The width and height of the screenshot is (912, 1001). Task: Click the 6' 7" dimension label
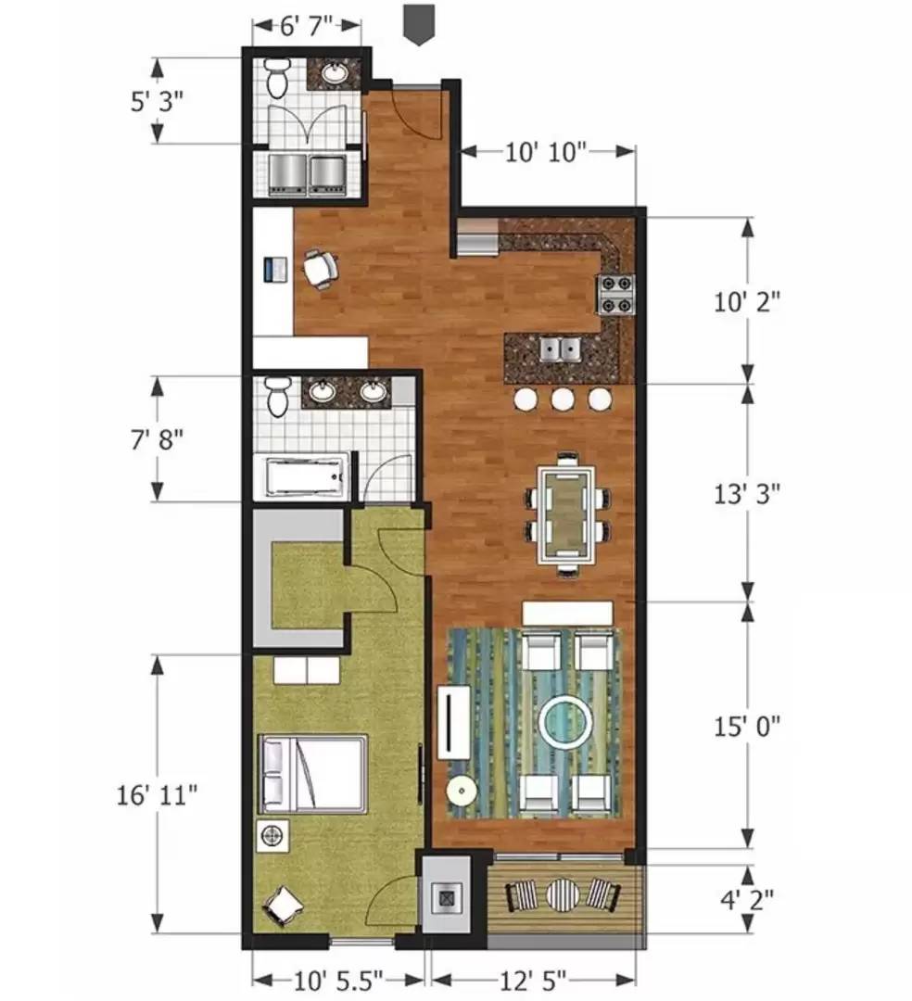tap(307, 26)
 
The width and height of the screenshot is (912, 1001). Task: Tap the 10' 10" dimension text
tap(546, 152)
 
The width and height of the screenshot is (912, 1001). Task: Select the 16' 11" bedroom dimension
tap(157, 795)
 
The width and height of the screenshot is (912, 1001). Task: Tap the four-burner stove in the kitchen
tap(615, 295)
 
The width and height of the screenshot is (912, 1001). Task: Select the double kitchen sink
tap(561, 349)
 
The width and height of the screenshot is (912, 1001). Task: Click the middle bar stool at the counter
tap(563, 399)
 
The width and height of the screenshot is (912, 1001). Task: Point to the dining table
tap(566, 513)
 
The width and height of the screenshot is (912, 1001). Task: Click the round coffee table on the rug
tap(565, 722)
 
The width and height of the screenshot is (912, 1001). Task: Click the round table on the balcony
tap(563, 894)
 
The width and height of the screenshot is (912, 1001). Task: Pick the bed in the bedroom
tap(312, 773)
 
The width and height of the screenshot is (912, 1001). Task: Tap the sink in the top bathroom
tap(336, 73)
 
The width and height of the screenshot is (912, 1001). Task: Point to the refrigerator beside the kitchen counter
tap(477, 236)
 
